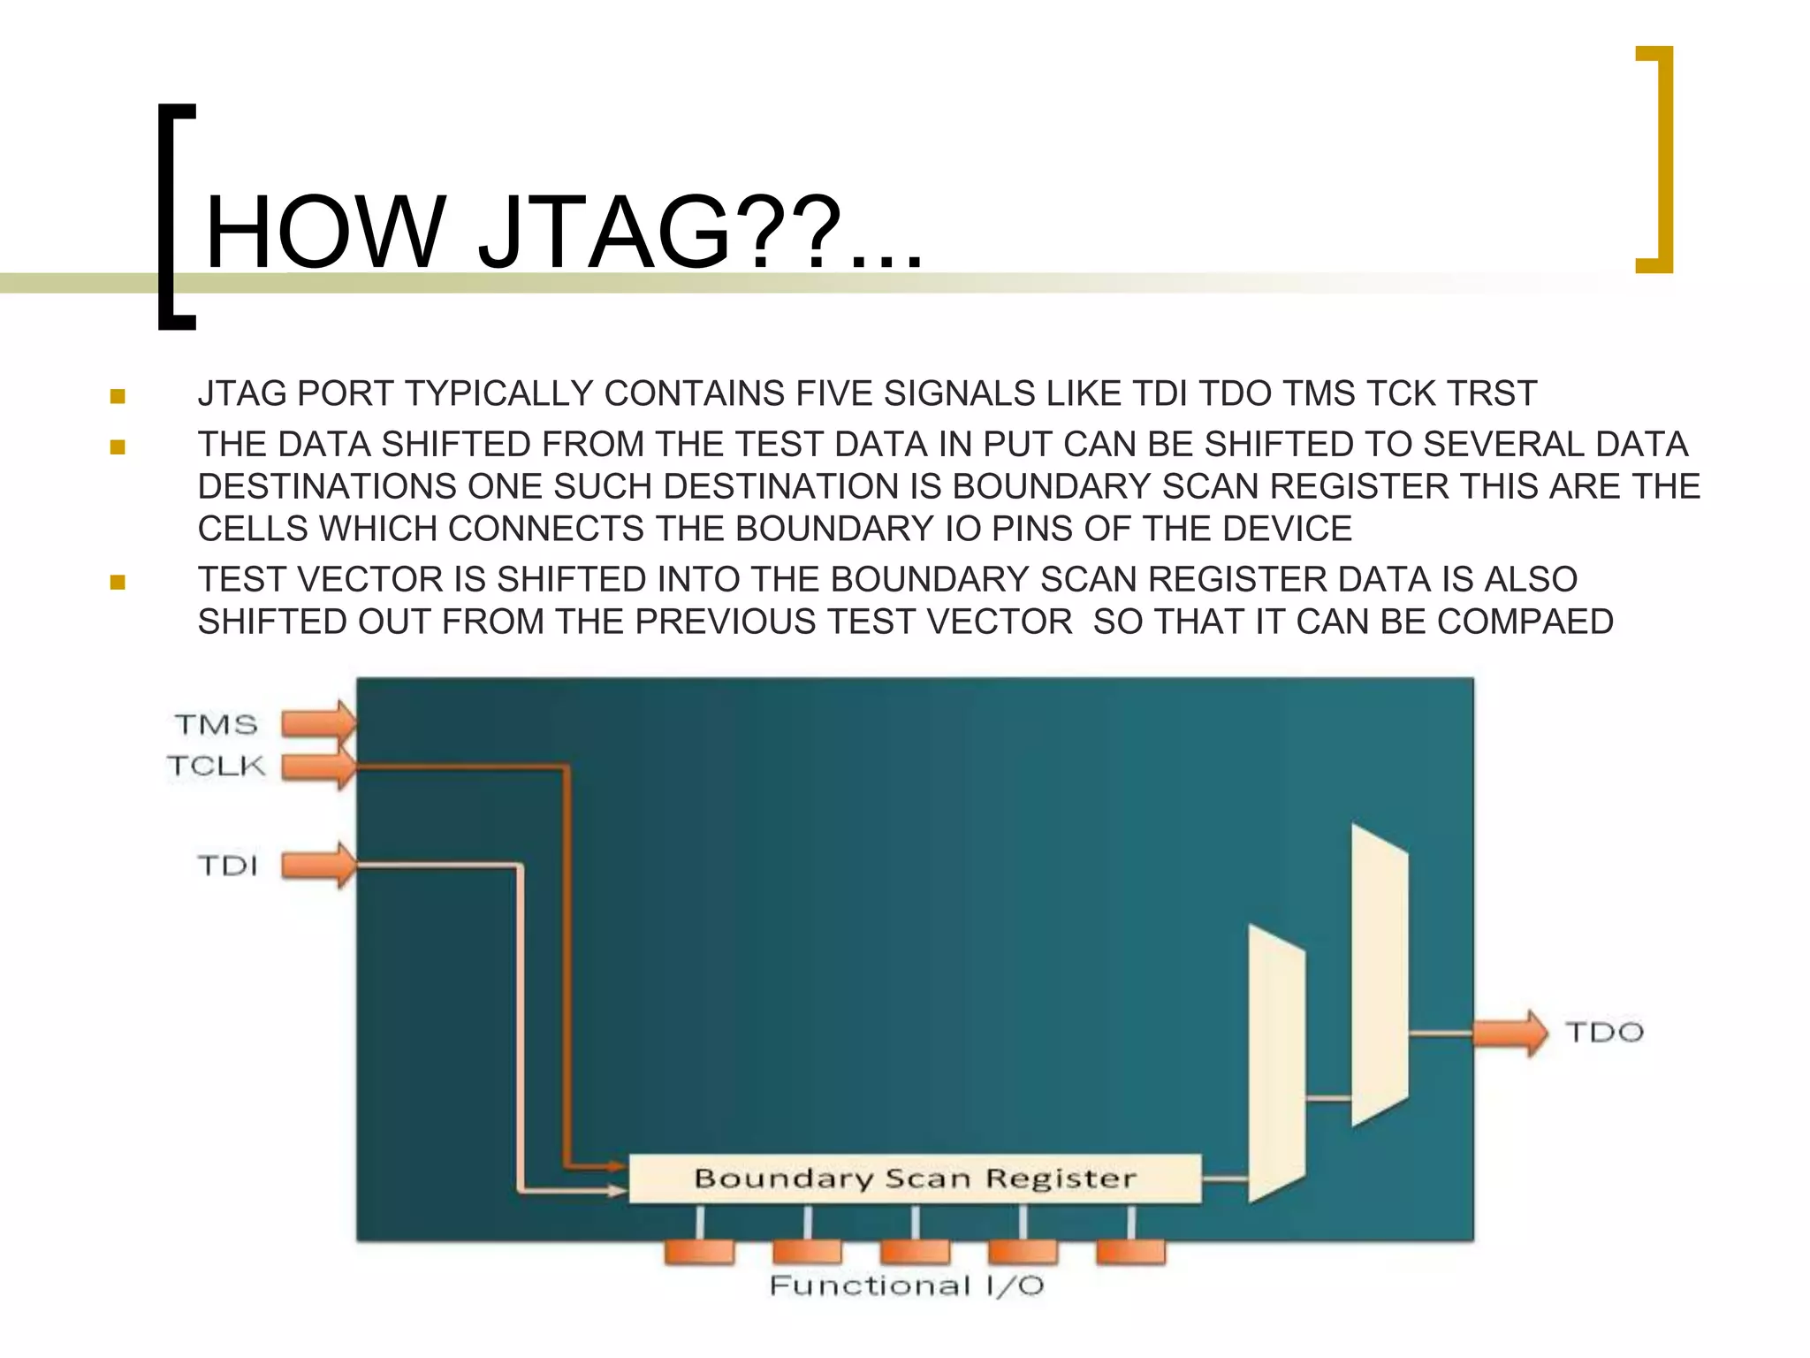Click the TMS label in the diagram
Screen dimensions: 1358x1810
[x=217, y=725]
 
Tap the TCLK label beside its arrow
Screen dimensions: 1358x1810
[x=217, y=766]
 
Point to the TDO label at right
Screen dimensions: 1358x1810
[x=1604, y=1032]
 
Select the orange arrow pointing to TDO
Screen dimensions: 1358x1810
[x=1510, y=1032]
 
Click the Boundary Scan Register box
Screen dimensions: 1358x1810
[x=915, y=1179]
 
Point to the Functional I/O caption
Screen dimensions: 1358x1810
[x=907, y=1286]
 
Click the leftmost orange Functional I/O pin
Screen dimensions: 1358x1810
[x=699, y=1252]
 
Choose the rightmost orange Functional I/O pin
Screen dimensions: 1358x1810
[x=1130, y=1252]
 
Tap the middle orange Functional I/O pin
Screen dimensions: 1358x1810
[x=915, y=1252]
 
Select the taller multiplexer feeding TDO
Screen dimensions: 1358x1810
[x=1380, y=975]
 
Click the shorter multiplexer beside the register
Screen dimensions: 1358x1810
[x=1276, y=1064]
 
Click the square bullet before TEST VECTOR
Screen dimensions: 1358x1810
[x=118, y=582]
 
